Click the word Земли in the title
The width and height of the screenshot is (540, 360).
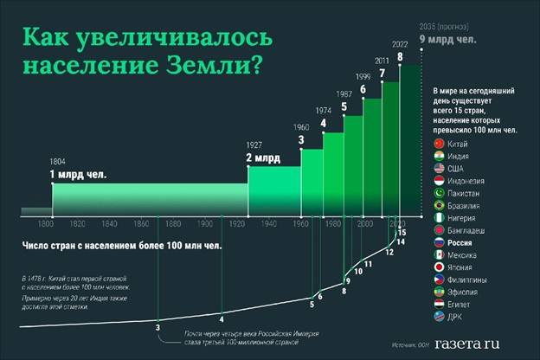pyautogui.click(x=204, y=63)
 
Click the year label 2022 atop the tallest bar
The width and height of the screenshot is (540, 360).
pyautogui.click(x=400, y=43)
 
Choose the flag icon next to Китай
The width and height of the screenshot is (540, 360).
pyautogui.click(x=438, y=142)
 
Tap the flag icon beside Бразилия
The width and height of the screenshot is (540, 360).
pyautogui.click(x=438, y=206)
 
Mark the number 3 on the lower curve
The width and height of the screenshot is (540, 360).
pyautogui.click(x=157, y=327)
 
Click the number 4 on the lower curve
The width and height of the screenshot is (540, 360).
pyautogui.click(x=222, y=317)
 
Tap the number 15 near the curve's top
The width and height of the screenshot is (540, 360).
pyautogui.click(x=402, y=233)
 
